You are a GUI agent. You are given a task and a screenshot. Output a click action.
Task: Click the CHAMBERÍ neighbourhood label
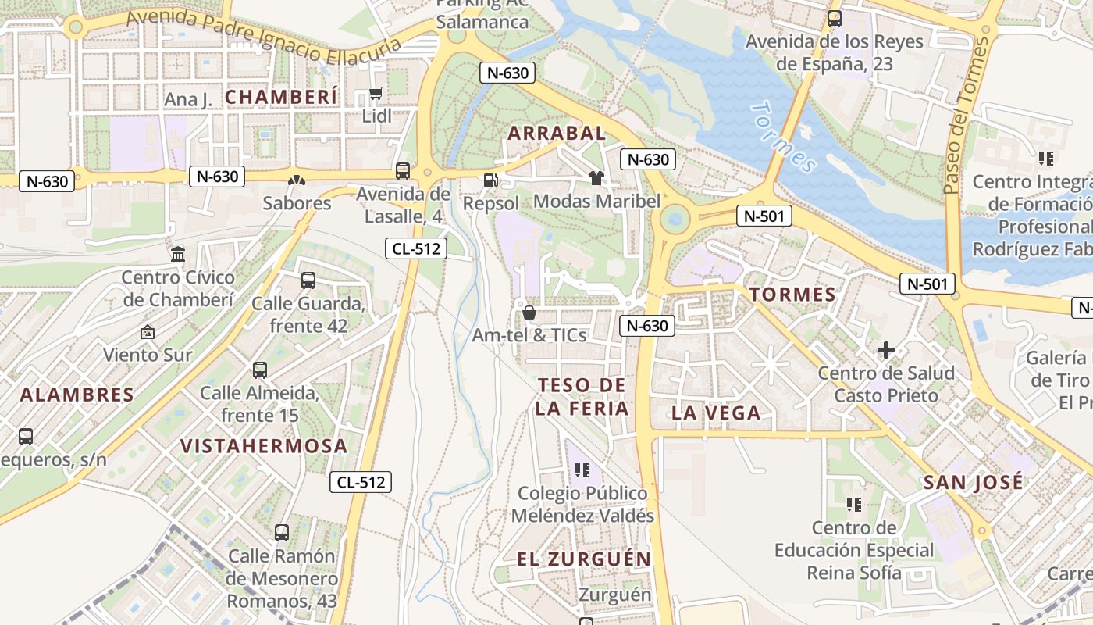click(281, 97)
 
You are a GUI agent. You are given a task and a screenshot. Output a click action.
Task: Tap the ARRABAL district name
click(557, 134)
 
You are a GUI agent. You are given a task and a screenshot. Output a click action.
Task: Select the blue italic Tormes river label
click(784, 137)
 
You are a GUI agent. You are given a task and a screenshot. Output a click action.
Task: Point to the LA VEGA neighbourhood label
click(716, 413)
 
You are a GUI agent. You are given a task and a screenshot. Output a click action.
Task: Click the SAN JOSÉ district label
click(973, 482)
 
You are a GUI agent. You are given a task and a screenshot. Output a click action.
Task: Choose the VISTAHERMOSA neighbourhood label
click(264, 446)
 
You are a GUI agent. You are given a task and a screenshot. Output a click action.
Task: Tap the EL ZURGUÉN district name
click(584, 559)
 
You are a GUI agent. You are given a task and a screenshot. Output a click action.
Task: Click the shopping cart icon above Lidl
click(376, 94)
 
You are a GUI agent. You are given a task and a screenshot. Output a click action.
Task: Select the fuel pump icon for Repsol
click(490, 180)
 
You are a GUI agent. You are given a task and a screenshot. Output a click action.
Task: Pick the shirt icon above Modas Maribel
click(596, 177)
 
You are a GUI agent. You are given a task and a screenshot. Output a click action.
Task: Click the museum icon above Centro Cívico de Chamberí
click(178, 254)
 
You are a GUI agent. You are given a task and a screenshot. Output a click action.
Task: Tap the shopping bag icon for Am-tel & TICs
click(529, 312)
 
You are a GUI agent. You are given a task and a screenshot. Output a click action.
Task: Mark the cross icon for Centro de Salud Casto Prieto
click(886, 350)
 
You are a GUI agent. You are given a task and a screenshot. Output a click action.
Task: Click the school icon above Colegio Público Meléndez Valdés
click(582, 470)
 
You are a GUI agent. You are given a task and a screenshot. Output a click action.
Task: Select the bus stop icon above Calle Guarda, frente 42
click(308, 280)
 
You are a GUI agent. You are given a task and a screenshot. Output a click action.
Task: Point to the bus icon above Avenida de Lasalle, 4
click(403, 170)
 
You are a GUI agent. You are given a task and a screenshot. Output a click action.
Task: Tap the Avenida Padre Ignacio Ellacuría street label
click(263, 36)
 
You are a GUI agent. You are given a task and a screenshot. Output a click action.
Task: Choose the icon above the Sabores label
click(297, 180)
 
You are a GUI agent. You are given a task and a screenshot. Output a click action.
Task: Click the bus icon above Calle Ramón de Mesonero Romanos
click(282, 533)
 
